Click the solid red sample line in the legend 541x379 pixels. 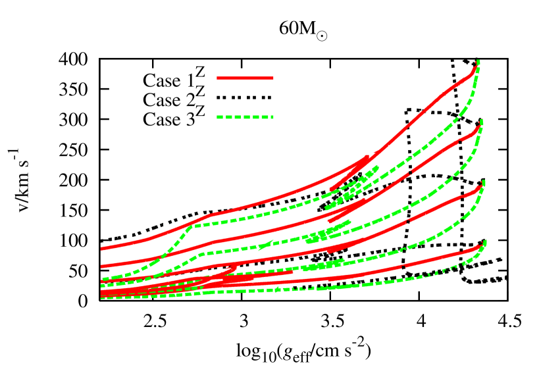[245, 78]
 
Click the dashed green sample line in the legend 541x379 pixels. [245, 117]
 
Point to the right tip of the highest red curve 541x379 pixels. [475, 66]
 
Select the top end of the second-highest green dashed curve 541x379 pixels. [482, 121]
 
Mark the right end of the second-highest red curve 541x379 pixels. [478, 129]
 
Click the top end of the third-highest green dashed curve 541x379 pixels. [484, 182]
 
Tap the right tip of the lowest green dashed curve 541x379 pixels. [485, 241]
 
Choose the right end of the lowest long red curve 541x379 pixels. [482, 246]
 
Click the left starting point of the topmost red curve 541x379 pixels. [101, 249]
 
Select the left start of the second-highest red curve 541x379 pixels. [101, 266]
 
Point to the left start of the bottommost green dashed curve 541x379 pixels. [101, 297]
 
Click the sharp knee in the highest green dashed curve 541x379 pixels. [192, 226]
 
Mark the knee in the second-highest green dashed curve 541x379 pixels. [201, 253]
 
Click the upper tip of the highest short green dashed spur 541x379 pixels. [378, 167]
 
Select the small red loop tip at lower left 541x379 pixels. [236, 265]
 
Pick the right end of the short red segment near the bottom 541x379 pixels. [292, 272]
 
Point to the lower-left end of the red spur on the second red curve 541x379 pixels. [329, 222]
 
